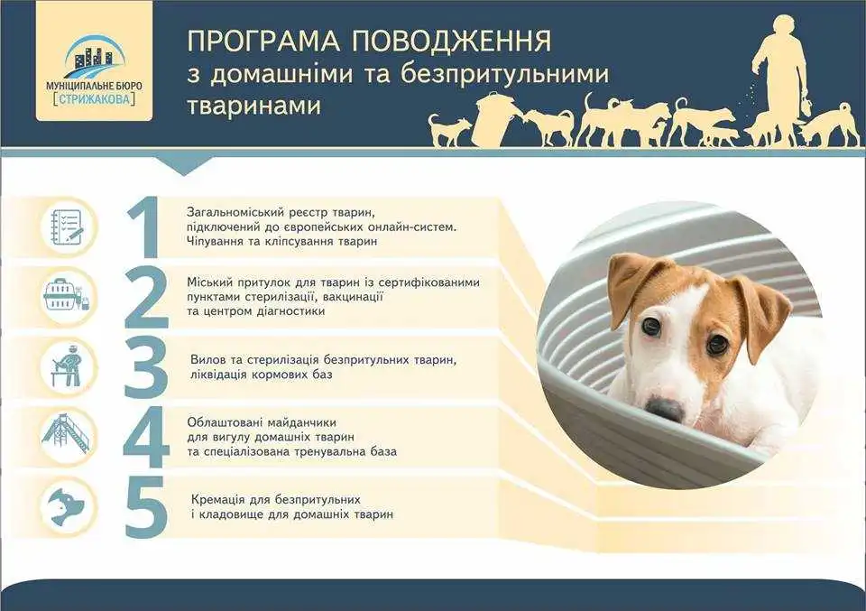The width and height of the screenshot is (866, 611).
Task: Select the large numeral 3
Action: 146,367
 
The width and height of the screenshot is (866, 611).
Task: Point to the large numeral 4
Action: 146,437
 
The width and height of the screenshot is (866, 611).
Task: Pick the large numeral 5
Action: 146,506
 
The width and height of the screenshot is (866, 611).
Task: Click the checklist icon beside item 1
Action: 68,227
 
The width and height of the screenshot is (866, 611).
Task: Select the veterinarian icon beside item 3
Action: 68,366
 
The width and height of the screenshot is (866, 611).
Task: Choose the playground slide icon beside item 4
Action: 66,435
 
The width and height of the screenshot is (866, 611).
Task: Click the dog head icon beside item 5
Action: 66,506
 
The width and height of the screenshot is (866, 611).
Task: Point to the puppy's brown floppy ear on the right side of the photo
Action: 762,314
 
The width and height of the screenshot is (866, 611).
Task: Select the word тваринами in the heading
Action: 253,106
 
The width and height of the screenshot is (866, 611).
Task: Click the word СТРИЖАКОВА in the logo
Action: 94,100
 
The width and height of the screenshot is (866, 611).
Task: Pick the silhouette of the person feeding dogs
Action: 778,69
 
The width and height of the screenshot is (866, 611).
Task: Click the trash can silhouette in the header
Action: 493,120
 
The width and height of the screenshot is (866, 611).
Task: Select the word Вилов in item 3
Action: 208,359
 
